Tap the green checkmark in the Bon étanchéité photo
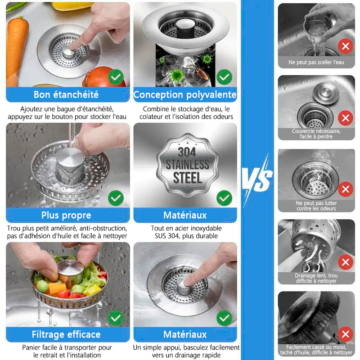click(x=116, y=77)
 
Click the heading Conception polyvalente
click(x=185, y=94)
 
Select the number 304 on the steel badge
click(x=187, y=152)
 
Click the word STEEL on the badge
click(x=188, y=178)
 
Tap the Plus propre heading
click(x=66, y=216)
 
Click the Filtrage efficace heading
click(x=66, y=334)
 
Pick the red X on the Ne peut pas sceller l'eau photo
click(x=346, y=46)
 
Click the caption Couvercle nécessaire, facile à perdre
click(x=316, y=134)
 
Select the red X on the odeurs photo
click(x=346, y=189)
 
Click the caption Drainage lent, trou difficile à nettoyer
click(x=316, y=278)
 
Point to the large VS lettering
click(x=257, y=179)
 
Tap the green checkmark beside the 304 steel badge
click(x=224, y=198)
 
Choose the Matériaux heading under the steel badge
click(x=185, y=216)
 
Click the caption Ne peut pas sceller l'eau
click(x=316, y=62)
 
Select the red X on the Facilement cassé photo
click(x=346, y=334)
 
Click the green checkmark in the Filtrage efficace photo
click(x=116, y=318)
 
